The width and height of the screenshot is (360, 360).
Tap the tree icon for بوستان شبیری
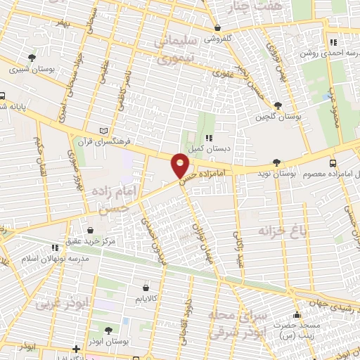click(x=31, y=58)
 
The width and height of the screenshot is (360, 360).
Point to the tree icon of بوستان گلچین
click(x=278, y=105)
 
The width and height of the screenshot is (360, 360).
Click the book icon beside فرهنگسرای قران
click(x=104, y=131)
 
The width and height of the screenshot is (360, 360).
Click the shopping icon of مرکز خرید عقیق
click(x=90, y=230)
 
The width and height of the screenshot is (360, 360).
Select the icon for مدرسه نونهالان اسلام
click(x=55, y=247)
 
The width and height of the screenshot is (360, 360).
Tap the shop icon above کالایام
click(x=146, y=288)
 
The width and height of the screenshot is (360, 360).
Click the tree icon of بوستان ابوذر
click(x=107, y=329)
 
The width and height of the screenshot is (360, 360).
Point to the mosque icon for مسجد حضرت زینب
click(x=297, y=315)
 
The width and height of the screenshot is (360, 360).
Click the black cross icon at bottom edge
click(x=76, y=349)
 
